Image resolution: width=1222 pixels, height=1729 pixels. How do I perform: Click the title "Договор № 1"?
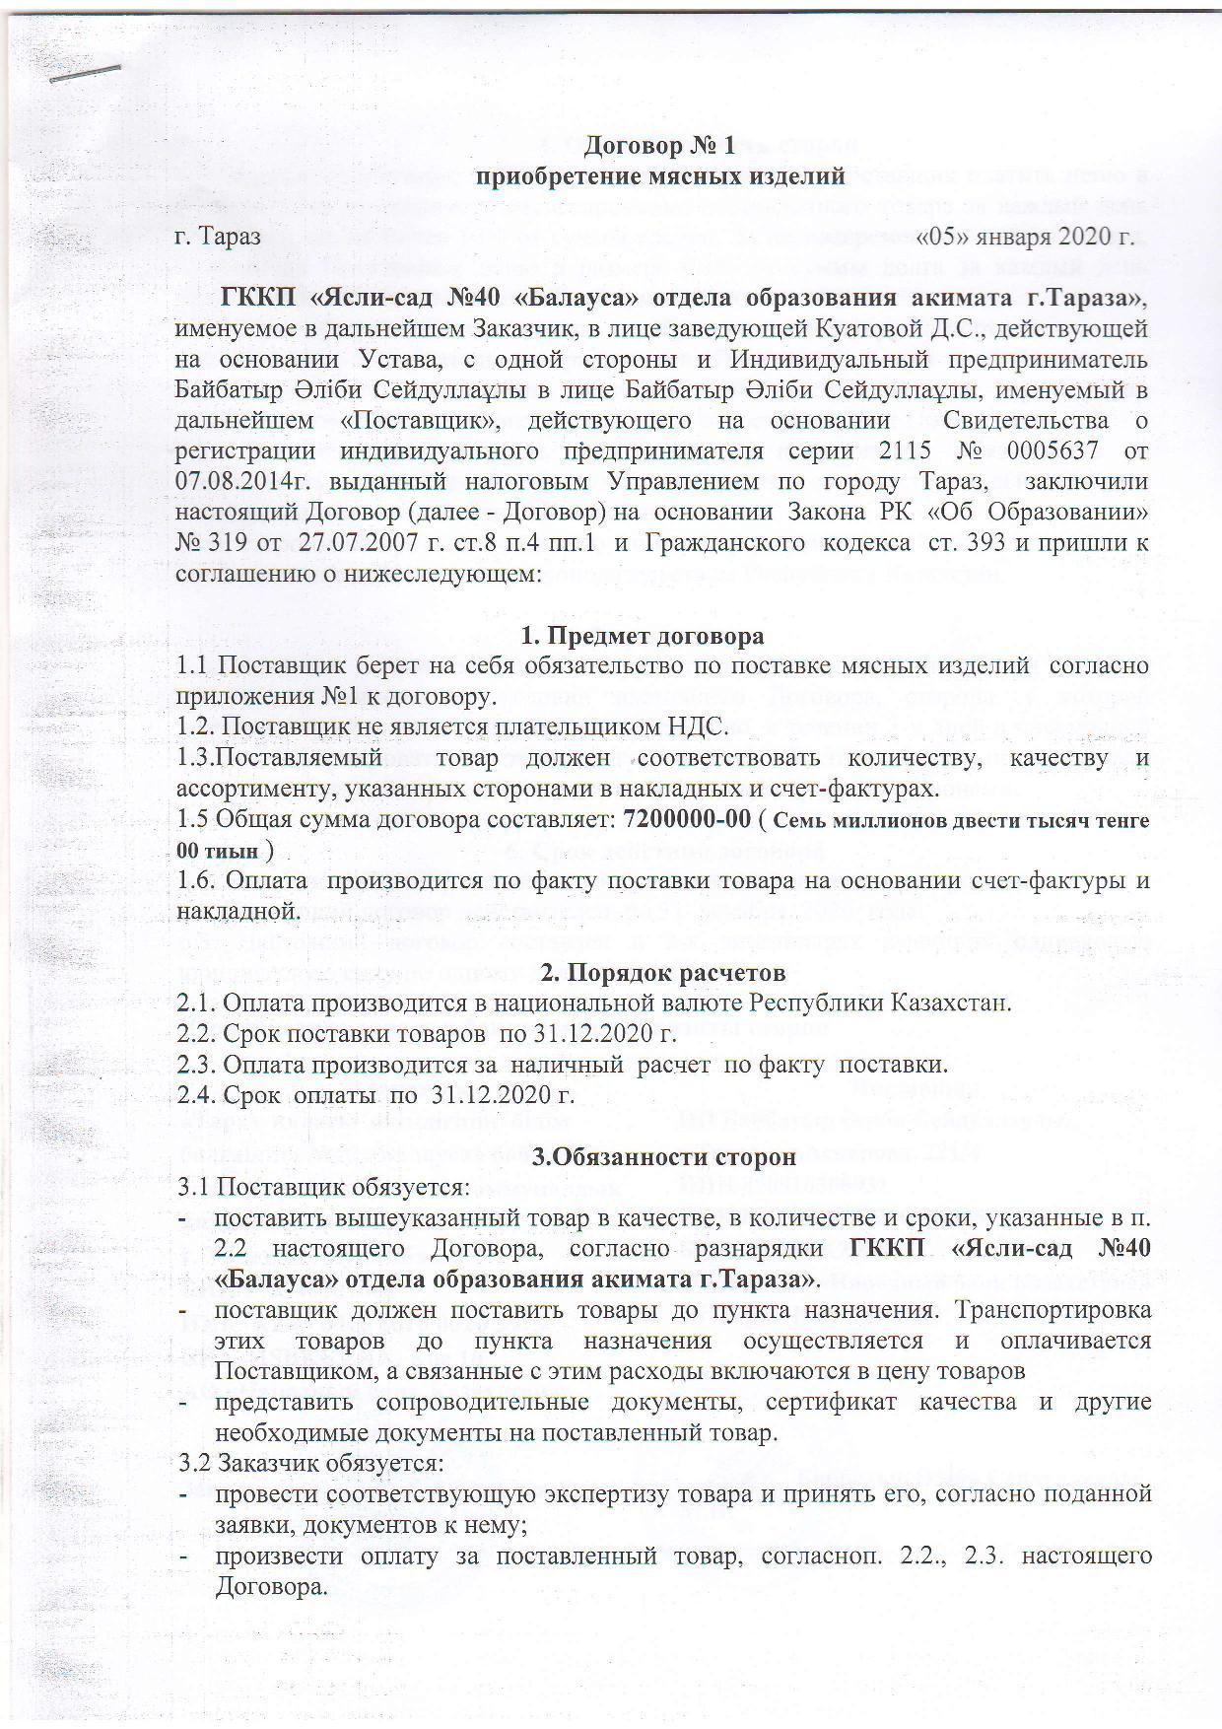tap(659, 147)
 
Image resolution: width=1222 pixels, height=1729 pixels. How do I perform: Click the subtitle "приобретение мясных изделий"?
tap(660, 176)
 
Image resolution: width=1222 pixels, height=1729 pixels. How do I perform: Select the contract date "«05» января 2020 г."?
tap(1026, 238)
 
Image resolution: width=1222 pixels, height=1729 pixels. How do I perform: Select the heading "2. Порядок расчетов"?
tap(664, 973)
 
